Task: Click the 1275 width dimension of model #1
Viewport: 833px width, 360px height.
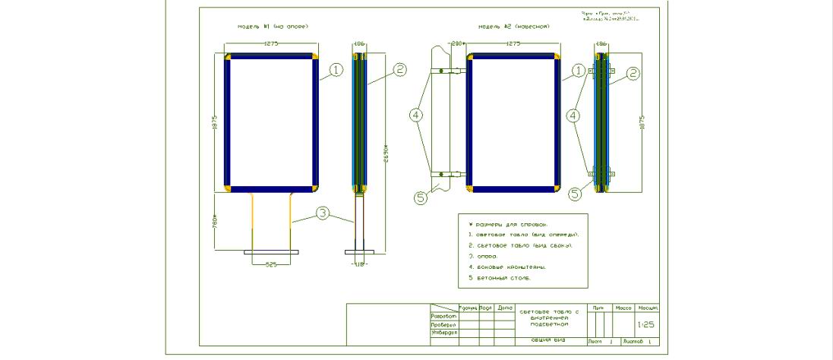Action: point(272,44)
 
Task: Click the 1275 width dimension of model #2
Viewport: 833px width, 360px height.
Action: point(513,44)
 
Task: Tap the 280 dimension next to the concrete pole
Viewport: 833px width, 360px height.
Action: point(457,44)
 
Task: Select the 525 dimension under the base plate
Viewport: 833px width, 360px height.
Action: point(271,265)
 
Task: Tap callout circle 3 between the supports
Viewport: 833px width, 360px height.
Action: point(323,214)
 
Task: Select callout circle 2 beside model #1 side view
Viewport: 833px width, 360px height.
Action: point(400,70)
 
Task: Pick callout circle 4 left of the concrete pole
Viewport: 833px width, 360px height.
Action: point(415,115)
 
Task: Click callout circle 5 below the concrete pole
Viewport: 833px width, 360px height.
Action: point(422,197)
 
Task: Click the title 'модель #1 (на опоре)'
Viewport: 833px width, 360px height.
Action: point(273,27)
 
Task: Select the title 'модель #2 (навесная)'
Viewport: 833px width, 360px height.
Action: point(513,27)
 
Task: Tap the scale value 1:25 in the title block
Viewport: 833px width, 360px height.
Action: point(646,324)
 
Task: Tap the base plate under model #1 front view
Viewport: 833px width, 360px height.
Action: point(271,251)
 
